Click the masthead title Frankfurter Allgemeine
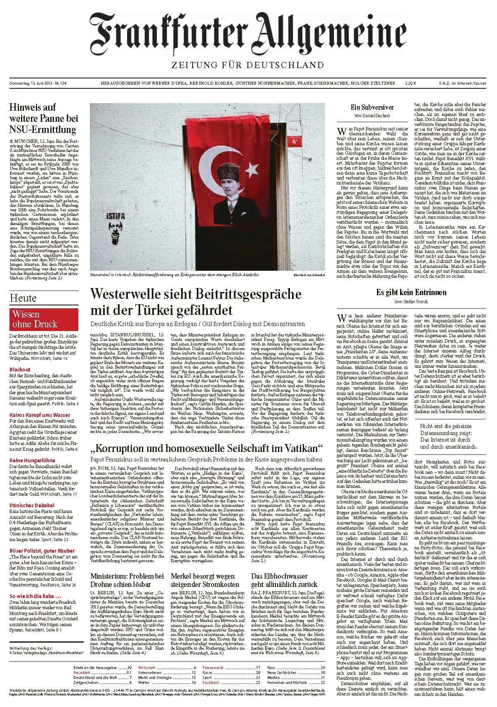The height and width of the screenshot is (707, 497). point(248,31)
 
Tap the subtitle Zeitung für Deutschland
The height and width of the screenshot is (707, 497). point(248,65)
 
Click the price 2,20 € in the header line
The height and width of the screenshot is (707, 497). point(410,83)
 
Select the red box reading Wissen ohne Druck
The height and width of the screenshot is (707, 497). point(43,319)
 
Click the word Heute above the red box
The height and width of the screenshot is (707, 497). point(23,298)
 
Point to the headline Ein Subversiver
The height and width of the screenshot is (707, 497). point(372,107)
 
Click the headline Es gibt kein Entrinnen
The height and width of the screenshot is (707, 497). point(411,293)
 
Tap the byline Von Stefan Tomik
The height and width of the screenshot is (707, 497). point(411,302)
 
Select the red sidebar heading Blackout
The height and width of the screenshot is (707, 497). point(20,369)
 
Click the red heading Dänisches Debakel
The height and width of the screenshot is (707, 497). point(32,505)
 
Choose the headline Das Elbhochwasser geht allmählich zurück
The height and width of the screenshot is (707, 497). point(284,580)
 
